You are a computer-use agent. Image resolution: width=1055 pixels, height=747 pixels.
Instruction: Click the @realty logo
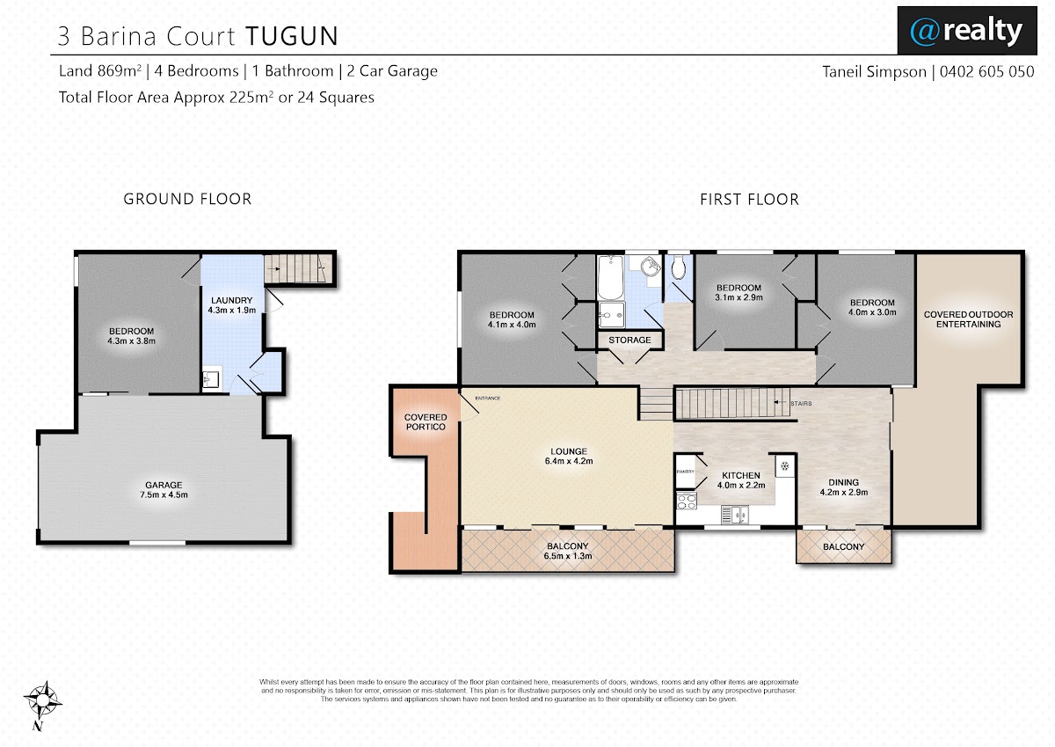pyautogui.click(x=967, y=31)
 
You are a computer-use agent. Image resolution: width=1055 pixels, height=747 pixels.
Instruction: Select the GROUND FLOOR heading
pyautogui.click(x=187, y=199)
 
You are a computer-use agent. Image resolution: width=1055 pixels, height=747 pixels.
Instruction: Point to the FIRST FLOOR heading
pyautogui.click(x=749, y=200)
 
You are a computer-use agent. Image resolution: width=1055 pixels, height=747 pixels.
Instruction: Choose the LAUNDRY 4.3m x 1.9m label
pyautogui.click(x=232, y=305)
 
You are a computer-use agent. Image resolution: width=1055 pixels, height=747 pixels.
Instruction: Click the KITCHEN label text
pyautogui.click(x=741, y=475)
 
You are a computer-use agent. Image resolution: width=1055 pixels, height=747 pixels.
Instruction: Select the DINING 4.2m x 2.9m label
pyautogui.click(x=843, y=487)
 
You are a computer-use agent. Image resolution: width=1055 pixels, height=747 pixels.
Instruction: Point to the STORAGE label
pyautogui.click(x=629, y=340)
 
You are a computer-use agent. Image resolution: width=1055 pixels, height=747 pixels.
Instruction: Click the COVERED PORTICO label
pyautogui.click(x=426, y=421)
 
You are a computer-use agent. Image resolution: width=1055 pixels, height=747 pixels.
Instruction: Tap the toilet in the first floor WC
pyautogui.click(x=678, y=267)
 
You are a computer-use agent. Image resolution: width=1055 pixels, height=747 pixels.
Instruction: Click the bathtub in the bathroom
pyautogui.click(x=610, y=277)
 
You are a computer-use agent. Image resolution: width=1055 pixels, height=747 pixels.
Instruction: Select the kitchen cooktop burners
pyautogui.click(x=687, y=501)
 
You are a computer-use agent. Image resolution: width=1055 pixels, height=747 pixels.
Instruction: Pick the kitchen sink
pyautogui.click(x=735, y=515)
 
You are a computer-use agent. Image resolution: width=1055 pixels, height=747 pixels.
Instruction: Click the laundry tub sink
pyautogui.click(x=211, y=378)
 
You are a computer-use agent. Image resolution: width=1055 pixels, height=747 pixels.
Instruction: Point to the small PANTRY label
pyautogui.click(x=685, y=472)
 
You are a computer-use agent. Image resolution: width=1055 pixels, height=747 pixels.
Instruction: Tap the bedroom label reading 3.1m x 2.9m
pyautogui.click(x=738, y=292)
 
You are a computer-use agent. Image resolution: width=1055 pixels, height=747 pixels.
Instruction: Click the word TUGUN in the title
pyautogui.click(x=292, y=36)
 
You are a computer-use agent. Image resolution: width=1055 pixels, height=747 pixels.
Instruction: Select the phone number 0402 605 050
pyautogui.click(x=986, y=71)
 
